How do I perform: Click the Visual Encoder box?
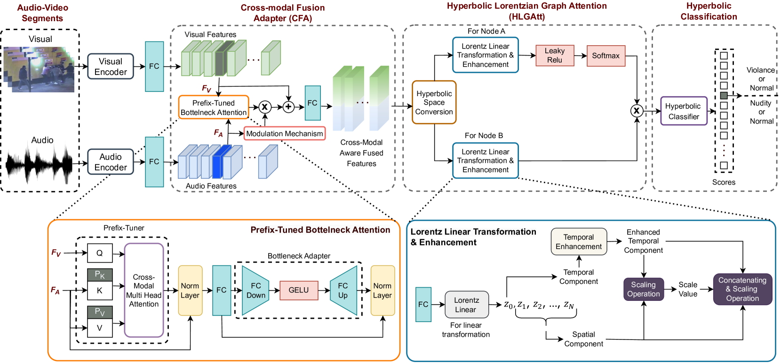(111, 66)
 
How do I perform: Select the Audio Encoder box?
(111, 162)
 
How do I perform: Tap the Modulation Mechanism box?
(285, 134)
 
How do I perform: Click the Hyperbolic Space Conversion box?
(434, 103)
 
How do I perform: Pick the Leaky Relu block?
(555, 56)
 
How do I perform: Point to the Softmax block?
(606, 56)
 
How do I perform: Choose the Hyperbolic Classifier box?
(684, 111)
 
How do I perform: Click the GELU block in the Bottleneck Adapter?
(299, 290)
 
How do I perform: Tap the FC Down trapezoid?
(255, 291)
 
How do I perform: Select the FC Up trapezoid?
(343, 291)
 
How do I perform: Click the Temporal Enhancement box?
(579, 242)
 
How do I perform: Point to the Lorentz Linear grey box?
(466, 305)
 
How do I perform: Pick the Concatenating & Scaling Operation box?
(742, 289)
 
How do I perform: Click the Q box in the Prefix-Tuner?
(100, 253)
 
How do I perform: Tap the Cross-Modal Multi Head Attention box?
(144, 291)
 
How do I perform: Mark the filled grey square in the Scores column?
(724, 96)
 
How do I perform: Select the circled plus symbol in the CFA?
(288, 107)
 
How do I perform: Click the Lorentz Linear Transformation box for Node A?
(485, 56)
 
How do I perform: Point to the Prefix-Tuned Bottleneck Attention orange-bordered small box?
(214, 107)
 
